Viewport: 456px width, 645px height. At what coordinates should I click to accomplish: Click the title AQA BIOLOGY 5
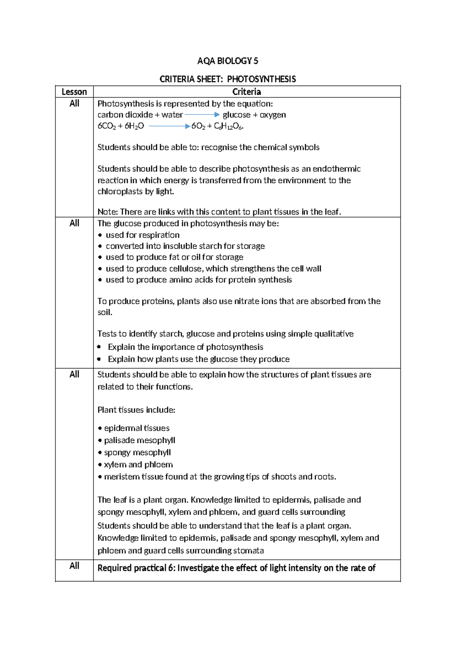228,61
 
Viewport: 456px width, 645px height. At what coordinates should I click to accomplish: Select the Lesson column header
74,92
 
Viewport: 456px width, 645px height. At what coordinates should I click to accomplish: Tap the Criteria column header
247,92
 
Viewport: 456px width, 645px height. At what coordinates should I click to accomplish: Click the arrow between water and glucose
202,114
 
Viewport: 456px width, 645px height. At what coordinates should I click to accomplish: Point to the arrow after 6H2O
169,126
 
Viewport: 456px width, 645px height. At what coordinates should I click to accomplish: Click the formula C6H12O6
228,126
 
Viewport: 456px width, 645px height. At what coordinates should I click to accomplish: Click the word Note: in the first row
108,212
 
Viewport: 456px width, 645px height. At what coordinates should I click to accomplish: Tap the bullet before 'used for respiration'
100,235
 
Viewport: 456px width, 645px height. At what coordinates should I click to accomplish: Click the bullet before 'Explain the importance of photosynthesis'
99,347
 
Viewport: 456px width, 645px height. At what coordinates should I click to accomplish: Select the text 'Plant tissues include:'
136,410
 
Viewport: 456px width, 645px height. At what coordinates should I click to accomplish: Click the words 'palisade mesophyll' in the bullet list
139,440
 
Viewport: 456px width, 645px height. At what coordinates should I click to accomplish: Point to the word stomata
249,550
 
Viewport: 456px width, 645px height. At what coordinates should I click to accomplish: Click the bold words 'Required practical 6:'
136,568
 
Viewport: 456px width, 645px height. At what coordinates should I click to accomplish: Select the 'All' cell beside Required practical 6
74,566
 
